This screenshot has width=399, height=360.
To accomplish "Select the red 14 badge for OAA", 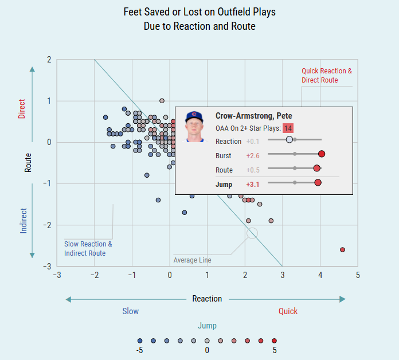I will [288, 128].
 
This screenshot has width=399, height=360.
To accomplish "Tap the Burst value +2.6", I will [253, 155].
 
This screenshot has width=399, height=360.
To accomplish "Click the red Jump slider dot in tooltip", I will [318, 183].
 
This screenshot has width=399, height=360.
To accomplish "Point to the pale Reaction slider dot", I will [289, 139].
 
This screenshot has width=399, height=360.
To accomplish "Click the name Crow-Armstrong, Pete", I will [253, 116].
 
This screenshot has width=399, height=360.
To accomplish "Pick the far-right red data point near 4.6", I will [342, 250].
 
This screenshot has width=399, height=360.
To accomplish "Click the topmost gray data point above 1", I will [162, 101].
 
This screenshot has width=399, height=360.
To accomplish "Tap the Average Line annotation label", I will [192, 260].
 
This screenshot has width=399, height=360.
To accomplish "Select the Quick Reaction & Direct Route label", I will [327, 76].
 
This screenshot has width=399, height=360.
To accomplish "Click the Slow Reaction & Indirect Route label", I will [88, 249].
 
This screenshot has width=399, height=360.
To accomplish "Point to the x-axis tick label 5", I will [358, 276].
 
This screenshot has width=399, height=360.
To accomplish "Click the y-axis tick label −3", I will [49, 267].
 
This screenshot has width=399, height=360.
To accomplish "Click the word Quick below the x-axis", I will [288, 311].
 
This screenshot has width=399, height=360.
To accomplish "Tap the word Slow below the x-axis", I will [130, 311].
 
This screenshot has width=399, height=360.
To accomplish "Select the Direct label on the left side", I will [22, 109].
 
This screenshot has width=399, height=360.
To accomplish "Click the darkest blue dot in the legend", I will [140, 340].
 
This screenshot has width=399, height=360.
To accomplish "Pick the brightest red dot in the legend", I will [274, 340].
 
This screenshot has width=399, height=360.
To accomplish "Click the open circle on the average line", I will [252, 233].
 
